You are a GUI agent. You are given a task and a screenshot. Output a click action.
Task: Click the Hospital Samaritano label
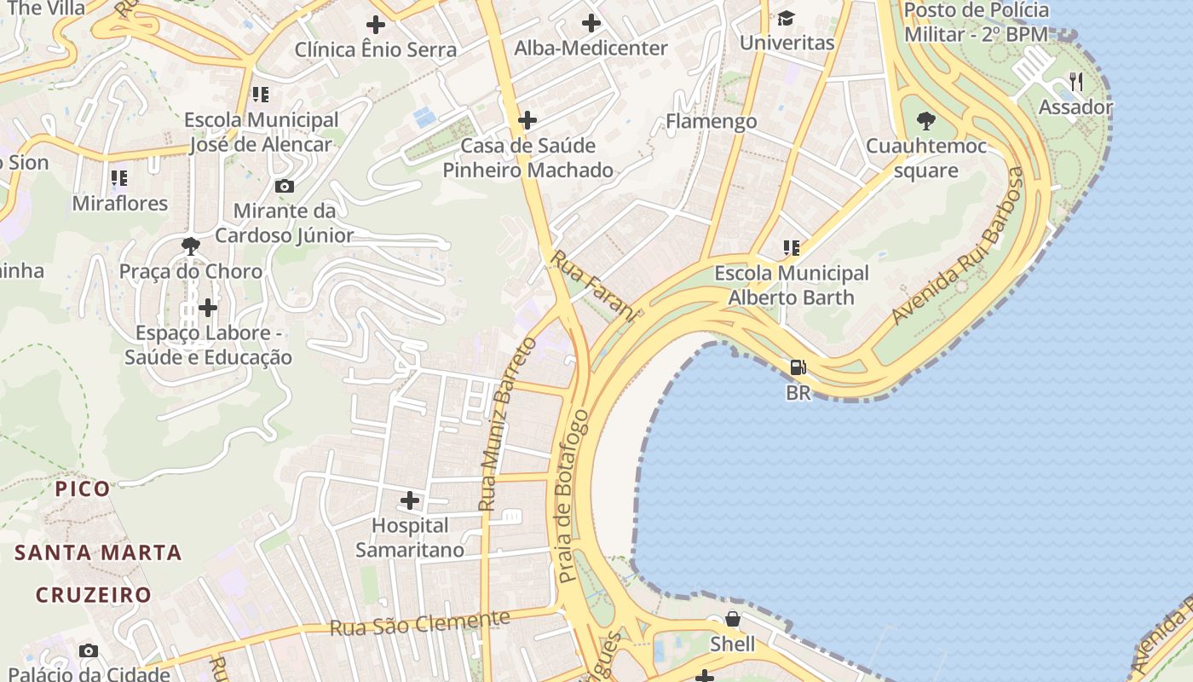[410, 538]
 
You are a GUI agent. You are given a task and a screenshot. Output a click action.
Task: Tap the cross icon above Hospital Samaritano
[410, 500]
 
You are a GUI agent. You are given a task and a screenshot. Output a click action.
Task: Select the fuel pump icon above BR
[798, 367]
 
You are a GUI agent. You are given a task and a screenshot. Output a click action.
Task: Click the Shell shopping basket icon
[732, 618]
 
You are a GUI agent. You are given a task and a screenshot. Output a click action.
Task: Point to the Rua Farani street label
[594, 286]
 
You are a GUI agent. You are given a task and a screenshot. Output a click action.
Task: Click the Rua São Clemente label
[419, 624]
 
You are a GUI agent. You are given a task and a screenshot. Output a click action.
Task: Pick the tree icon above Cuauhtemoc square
[925, 121]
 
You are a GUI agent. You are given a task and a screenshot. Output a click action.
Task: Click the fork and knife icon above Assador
[1075, 82]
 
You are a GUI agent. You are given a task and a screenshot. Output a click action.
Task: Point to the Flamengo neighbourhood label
[711, 121]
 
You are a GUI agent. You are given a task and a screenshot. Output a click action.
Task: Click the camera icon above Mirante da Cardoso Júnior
[285, 186]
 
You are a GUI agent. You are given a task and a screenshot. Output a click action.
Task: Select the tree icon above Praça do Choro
[191, 247]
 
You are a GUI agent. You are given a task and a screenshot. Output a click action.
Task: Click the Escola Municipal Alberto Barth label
[791, 286]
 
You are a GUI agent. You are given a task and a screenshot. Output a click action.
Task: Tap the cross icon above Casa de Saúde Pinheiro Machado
[527, 120]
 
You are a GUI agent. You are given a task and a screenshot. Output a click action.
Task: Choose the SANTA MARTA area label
[98, 552]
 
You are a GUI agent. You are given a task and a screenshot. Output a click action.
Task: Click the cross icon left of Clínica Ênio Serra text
[375, 25]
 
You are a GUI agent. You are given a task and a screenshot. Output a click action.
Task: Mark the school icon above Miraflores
[119, 178]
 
